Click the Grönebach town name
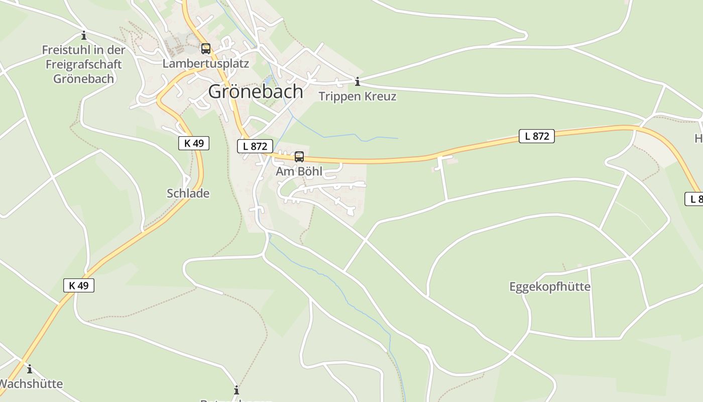pos(256,91)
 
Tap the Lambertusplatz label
pos(206,64)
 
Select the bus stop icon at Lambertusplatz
pos(206,49)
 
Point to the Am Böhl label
pos(299,171)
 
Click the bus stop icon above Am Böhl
pos(299,157)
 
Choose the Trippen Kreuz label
pos(358,96)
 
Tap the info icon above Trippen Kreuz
pos(358,81)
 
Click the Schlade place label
pos(188,193)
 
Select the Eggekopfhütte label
pos(550,287)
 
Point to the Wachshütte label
pos(31,384)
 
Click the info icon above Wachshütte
pos(30,369)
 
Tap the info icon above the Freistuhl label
pos(84,36)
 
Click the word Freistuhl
pos(66,50)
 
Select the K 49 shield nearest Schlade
pos(194,143)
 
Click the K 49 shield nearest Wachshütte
pos(79,285)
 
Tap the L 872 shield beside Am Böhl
pos(255,146)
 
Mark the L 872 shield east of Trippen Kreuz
pos(537,136)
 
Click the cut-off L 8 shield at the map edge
pos(694,199)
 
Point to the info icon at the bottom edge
pos(237,390)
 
